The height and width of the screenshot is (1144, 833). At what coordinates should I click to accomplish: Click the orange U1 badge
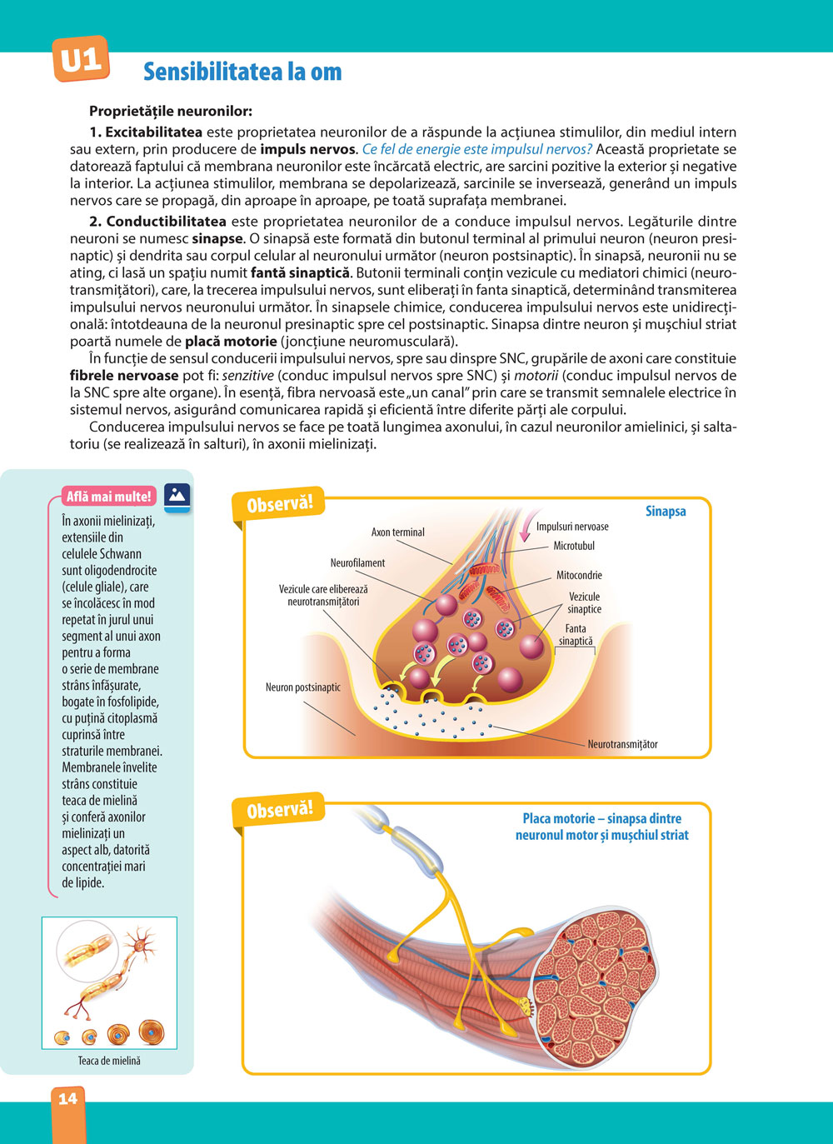[81, 59]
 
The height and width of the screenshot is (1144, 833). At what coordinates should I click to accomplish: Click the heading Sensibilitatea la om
[242, 72]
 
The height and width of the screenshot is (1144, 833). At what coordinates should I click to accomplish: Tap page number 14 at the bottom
[67, 1098]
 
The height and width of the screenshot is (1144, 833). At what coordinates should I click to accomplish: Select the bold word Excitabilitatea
[153, 132]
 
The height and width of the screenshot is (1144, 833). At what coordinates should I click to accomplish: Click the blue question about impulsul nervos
[477, 149]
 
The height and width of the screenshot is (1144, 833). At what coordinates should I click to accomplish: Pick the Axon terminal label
[397, 532]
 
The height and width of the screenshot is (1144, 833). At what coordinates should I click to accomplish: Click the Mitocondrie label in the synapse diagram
[579, 575]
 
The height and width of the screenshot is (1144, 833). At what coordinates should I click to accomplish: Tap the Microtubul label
[574, 546]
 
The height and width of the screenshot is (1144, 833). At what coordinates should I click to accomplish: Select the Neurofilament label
[357, 562]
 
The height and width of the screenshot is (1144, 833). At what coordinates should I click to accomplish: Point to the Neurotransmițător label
[622, 744]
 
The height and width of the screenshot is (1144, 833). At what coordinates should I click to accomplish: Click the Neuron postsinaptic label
[303, 687]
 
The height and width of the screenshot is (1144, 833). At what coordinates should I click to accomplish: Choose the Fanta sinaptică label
[576, 635]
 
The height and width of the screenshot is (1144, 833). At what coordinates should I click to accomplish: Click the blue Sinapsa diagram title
[666, 511]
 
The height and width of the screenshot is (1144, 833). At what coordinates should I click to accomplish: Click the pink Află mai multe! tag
[108, 497]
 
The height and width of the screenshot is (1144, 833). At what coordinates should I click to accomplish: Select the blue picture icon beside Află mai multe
[177, 495]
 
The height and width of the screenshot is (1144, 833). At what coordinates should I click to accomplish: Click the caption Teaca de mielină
[109, 1061]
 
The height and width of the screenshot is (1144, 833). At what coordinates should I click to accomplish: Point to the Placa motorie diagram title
[601, 827]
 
